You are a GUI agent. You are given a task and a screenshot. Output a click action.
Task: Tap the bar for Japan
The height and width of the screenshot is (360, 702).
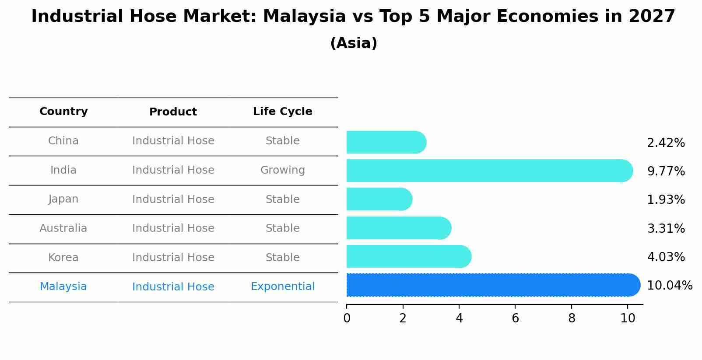(379, 199)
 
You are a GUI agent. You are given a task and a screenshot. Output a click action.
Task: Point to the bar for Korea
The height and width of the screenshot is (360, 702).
(408, 257)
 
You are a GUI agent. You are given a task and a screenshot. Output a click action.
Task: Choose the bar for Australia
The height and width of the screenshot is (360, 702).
(398, 228)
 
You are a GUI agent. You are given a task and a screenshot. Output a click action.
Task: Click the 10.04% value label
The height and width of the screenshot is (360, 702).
(669, 286)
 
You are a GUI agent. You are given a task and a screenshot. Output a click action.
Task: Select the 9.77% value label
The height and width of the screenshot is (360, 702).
(666, 171)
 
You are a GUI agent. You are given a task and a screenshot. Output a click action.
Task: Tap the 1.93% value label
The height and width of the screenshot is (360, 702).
(666, 200)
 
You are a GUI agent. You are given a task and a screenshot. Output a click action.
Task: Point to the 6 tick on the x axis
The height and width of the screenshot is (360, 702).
(515, 318)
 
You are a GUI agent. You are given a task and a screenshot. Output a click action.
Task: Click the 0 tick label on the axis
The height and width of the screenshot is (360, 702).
(347, 318)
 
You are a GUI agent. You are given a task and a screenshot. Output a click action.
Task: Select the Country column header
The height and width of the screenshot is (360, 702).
(63, 112)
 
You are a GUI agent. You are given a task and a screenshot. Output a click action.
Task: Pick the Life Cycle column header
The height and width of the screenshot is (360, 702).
(282, 112)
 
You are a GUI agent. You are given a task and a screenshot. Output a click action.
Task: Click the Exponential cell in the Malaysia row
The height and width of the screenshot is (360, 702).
(282, 287)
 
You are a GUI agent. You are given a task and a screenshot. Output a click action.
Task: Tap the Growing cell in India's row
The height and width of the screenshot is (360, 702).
(282, 170)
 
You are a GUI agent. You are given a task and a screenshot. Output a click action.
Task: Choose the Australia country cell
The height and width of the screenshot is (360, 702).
(63, 228)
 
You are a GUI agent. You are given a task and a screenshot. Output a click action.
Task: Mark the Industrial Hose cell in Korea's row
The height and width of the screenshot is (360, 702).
(173, 258)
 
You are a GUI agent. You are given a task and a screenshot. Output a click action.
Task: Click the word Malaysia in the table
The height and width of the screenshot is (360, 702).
(63, 287)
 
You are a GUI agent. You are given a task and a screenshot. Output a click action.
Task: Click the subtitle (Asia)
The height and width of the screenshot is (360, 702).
(353, 43)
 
